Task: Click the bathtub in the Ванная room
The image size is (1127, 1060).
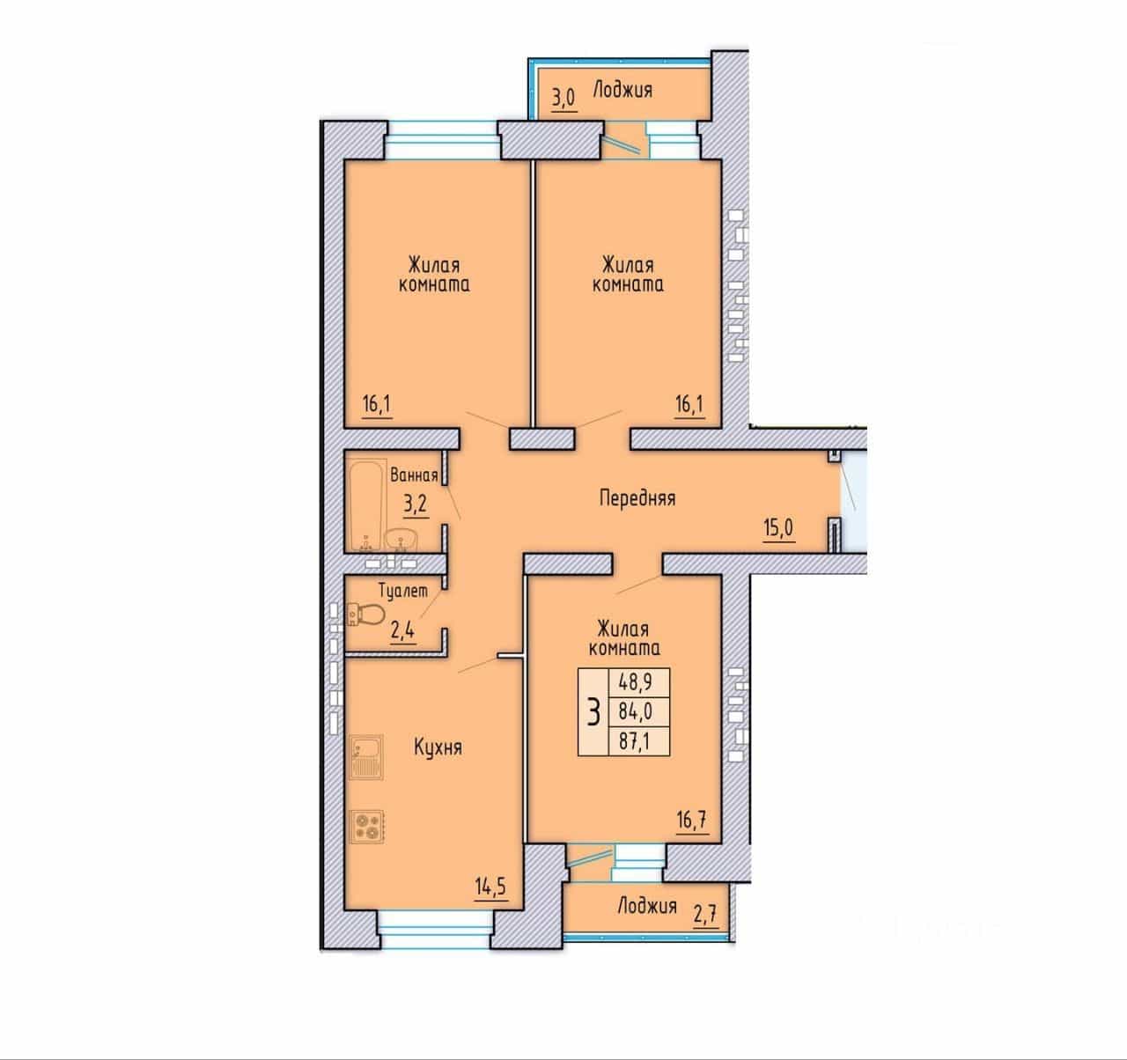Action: pos(367,505)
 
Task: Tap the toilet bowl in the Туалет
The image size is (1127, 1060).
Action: pos(366,615)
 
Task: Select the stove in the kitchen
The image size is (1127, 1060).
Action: pos(367,826)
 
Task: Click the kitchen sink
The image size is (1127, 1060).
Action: pos(366,757)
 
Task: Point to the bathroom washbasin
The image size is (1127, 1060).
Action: pos(401,540)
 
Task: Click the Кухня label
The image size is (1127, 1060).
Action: pos(438,747)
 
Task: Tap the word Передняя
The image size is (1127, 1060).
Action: pos(637,498)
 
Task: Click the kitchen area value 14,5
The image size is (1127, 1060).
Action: pos(490,886)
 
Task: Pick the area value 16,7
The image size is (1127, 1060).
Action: pos(692,820)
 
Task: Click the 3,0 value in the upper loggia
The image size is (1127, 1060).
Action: pos(563,98)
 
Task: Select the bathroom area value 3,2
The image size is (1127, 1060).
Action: pos(416,504)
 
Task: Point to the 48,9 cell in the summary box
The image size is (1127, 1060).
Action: pos(636,681)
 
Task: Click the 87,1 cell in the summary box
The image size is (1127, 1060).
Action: pos(636,741)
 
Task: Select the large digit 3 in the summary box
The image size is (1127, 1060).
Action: pos(593,712)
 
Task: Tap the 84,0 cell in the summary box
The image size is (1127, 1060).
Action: pos(636,710)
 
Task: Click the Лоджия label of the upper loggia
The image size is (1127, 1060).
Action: pos(622,90)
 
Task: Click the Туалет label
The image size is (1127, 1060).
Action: pos(403,592)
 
